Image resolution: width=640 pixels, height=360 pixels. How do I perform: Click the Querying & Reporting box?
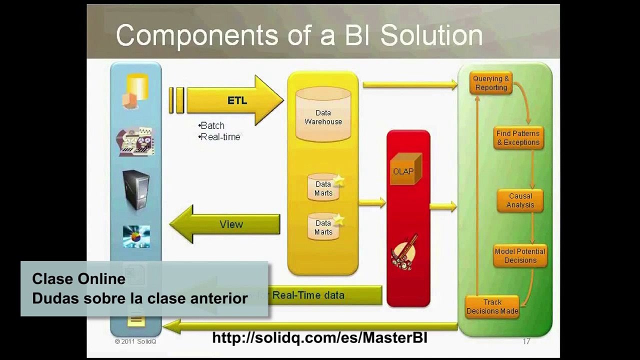(490, 83)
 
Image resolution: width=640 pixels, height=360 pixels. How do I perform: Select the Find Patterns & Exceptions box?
(517, 138)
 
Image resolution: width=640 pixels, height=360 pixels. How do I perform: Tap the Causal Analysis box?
(520, 200)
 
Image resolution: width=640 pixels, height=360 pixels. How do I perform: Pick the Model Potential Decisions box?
(520, 256)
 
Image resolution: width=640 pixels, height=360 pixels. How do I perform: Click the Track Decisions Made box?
(492, 306)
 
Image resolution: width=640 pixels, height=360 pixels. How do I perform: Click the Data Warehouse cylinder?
(323, 115)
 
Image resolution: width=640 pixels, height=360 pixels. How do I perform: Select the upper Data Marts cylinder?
(323, 188)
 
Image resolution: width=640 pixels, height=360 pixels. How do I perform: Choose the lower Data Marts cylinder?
(323, 227)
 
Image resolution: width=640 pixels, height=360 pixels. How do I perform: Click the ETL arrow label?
(237, 100)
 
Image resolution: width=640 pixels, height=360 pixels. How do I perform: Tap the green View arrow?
(230, 224)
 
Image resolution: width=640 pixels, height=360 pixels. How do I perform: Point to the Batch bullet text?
(211, 125)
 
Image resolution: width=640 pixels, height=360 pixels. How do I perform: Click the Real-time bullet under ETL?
(219, 136)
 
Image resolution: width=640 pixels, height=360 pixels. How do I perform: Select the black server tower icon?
(136, 190)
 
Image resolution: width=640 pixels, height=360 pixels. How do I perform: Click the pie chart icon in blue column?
(136, 236)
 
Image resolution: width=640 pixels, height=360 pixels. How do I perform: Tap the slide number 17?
(526, 341)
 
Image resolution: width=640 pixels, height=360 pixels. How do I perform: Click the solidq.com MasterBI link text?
(319, 337)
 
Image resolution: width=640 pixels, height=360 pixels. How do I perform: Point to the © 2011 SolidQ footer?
(135, 341)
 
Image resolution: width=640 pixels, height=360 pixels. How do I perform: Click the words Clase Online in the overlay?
(78, 279)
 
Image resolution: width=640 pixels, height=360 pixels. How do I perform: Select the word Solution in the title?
(431, 35)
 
